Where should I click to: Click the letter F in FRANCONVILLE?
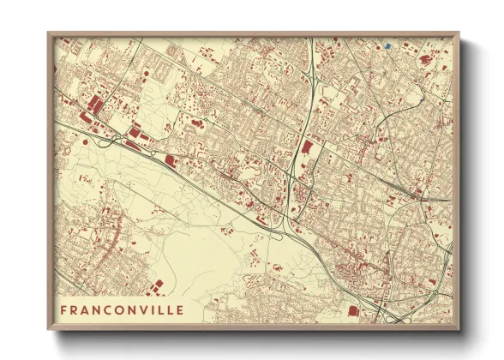click(64, 309)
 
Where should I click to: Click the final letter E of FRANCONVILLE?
click(178, 309)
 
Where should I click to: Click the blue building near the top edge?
click(387, 45)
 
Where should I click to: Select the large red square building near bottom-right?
click(352, 310)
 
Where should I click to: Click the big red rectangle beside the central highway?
click(306, 153)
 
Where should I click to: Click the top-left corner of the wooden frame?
click(49, 33)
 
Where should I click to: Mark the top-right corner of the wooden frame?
click(459, 33)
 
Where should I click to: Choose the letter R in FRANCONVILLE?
click(75, 309)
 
